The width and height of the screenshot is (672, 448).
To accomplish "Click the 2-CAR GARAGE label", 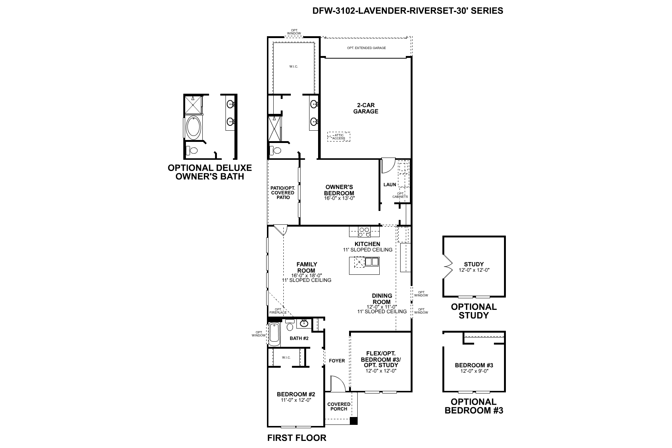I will tap(365, 108).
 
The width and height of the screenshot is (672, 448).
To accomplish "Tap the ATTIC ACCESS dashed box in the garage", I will tap(339, 137).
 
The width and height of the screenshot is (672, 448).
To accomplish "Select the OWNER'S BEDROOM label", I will tap(339, 190).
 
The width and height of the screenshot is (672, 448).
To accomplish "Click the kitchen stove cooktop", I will tap(364, 232).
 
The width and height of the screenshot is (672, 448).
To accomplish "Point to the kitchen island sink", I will tap(372, 262).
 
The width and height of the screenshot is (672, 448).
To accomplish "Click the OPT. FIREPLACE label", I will tap(278, 311).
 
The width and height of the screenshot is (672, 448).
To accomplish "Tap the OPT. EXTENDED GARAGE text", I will tap(366, 48).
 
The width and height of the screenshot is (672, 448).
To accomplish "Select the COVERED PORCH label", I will tap(339, 406).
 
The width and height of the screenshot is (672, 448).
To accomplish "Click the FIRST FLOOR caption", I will tap(297, 438).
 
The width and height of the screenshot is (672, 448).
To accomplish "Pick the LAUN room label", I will tap(390, 184).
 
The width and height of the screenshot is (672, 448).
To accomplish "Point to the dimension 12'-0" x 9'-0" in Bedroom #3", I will tap(474, 371).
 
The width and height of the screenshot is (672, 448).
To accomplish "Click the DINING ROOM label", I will tap(382, 299).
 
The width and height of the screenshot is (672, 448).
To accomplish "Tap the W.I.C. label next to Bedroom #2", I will tap(286, 357).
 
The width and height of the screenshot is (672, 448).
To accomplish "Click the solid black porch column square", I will tap(354, 421).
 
